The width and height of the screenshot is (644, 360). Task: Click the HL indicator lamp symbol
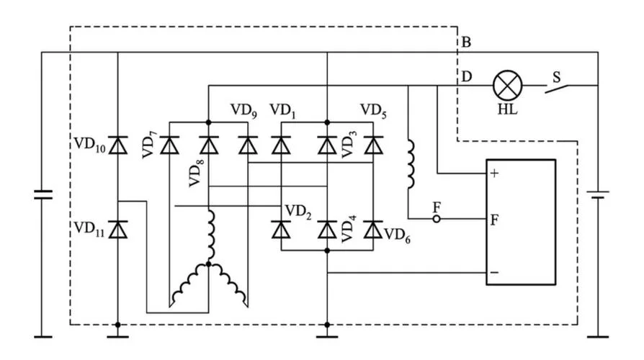[508, 86]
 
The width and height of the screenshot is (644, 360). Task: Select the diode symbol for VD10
[118, 145]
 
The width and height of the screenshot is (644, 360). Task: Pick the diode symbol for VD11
[118, 229]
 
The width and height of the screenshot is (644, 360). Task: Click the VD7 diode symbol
[169, 145]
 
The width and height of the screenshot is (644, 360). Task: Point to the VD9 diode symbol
[248, 145]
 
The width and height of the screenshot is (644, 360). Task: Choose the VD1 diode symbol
[282, 145]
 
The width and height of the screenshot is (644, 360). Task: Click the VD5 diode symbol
[373, 145]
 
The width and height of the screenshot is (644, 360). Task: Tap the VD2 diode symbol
[282, 229]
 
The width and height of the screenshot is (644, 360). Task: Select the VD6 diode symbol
[373, 229]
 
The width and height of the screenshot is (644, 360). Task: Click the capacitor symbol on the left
[43, 194]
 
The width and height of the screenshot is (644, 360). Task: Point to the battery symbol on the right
[598, 194]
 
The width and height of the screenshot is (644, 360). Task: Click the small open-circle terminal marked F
[437, 219]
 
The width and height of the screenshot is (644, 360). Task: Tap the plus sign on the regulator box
[494, 174]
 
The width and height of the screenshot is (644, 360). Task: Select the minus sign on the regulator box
[494, 273]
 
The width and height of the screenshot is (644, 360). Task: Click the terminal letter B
[466, 42]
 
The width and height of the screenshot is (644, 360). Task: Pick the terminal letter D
[467, 76]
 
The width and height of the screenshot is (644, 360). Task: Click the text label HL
[508, 109]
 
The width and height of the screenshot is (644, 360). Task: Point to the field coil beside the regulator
[411, 164]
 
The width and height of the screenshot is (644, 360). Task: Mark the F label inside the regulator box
[494, 220]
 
